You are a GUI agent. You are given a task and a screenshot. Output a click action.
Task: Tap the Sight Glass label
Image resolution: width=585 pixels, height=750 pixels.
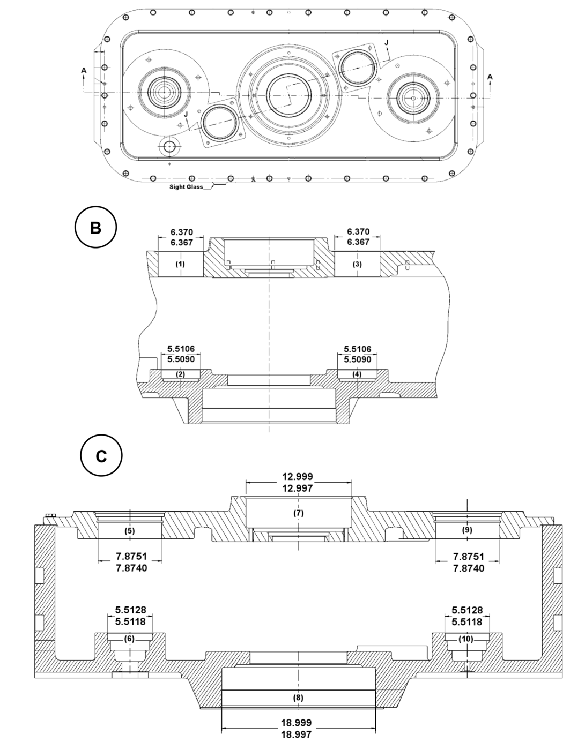[186, 187]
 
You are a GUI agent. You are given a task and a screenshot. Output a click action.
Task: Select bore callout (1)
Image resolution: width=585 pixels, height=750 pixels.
[181, 264]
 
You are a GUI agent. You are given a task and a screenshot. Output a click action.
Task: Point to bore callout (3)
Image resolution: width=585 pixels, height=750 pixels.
[358, 264]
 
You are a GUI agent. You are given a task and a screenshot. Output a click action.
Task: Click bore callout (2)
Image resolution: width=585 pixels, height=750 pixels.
[181, 374]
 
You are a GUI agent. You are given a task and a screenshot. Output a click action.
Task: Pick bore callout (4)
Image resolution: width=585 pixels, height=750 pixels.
[357, 374]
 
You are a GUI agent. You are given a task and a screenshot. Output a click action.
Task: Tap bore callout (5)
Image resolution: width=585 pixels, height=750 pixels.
[130, 531]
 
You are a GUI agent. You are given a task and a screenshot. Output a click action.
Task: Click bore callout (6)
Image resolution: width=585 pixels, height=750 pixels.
[130, 639]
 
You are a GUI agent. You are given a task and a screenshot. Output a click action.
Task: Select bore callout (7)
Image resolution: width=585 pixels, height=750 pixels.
[299, 513]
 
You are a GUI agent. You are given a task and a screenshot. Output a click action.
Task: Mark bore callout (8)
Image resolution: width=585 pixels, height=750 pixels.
[298, 697]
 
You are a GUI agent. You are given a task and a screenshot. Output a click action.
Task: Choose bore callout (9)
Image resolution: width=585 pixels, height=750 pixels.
[466, 530]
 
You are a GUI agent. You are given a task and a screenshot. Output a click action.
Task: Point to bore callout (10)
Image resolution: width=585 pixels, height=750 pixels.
[466, 639]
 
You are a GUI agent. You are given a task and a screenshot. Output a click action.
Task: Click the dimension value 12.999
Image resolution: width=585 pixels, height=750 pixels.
[298, 477]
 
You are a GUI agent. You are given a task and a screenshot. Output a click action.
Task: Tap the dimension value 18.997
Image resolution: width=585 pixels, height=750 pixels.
[298, 734]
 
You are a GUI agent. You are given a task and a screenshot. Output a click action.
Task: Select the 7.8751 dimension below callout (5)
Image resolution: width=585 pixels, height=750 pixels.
[131, 557]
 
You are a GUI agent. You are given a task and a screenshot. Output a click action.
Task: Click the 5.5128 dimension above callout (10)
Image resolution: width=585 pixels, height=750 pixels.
[467, 610]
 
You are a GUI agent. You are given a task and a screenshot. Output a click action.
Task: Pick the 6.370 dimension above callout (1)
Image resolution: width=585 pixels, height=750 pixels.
[181, 232]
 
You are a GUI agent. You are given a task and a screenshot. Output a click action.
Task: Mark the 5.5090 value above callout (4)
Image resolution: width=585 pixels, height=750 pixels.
[357, 359]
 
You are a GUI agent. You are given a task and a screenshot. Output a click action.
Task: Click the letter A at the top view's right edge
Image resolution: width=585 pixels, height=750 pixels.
[490, 77]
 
